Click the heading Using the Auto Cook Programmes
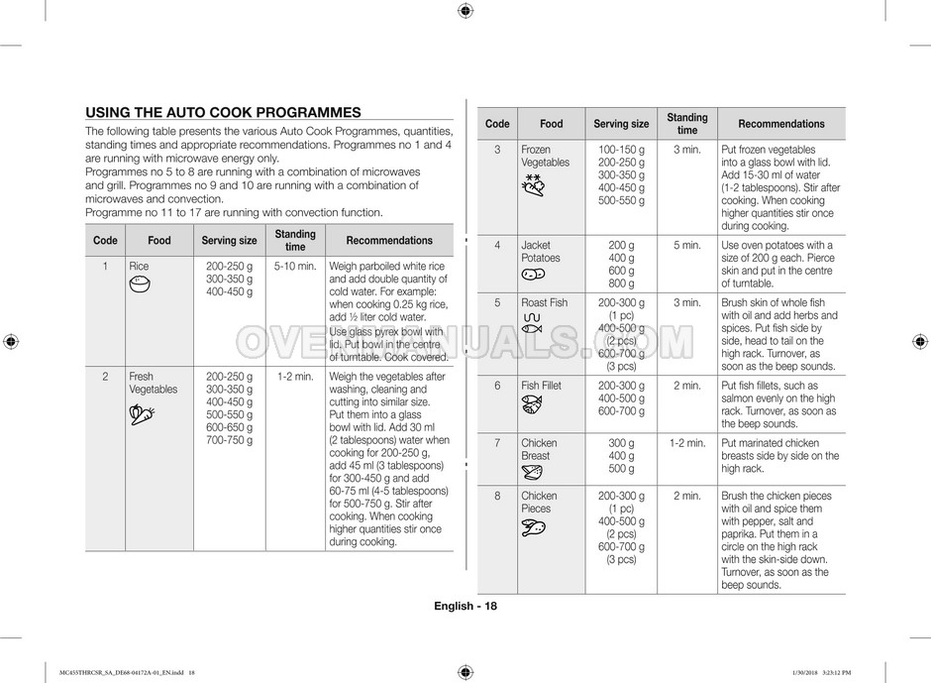tap(223, 113)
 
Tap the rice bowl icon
tap(140, 285)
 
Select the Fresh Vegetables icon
tap(141, 414)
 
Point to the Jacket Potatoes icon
tap(534, 275)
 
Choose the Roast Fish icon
tap(532, 322)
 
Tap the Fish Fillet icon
tap(532, 404)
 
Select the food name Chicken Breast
tap(539, 449)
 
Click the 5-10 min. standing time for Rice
tap(295, 267)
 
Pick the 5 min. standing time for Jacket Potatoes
tap(686, 246)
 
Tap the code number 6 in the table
tap(497, 386)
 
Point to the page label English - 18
tap(465, 607)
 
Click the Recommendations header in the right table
tap(780, 124)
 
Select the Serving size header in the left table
tap(229, 241)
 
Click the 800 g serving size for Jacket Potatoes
tap(621, 284)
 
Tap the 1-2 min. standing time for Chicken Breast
tap(686, 443)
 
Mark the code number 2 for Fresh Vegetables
tap(105, 377)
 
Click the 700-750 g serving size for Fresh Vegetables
tap(229, 439)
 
